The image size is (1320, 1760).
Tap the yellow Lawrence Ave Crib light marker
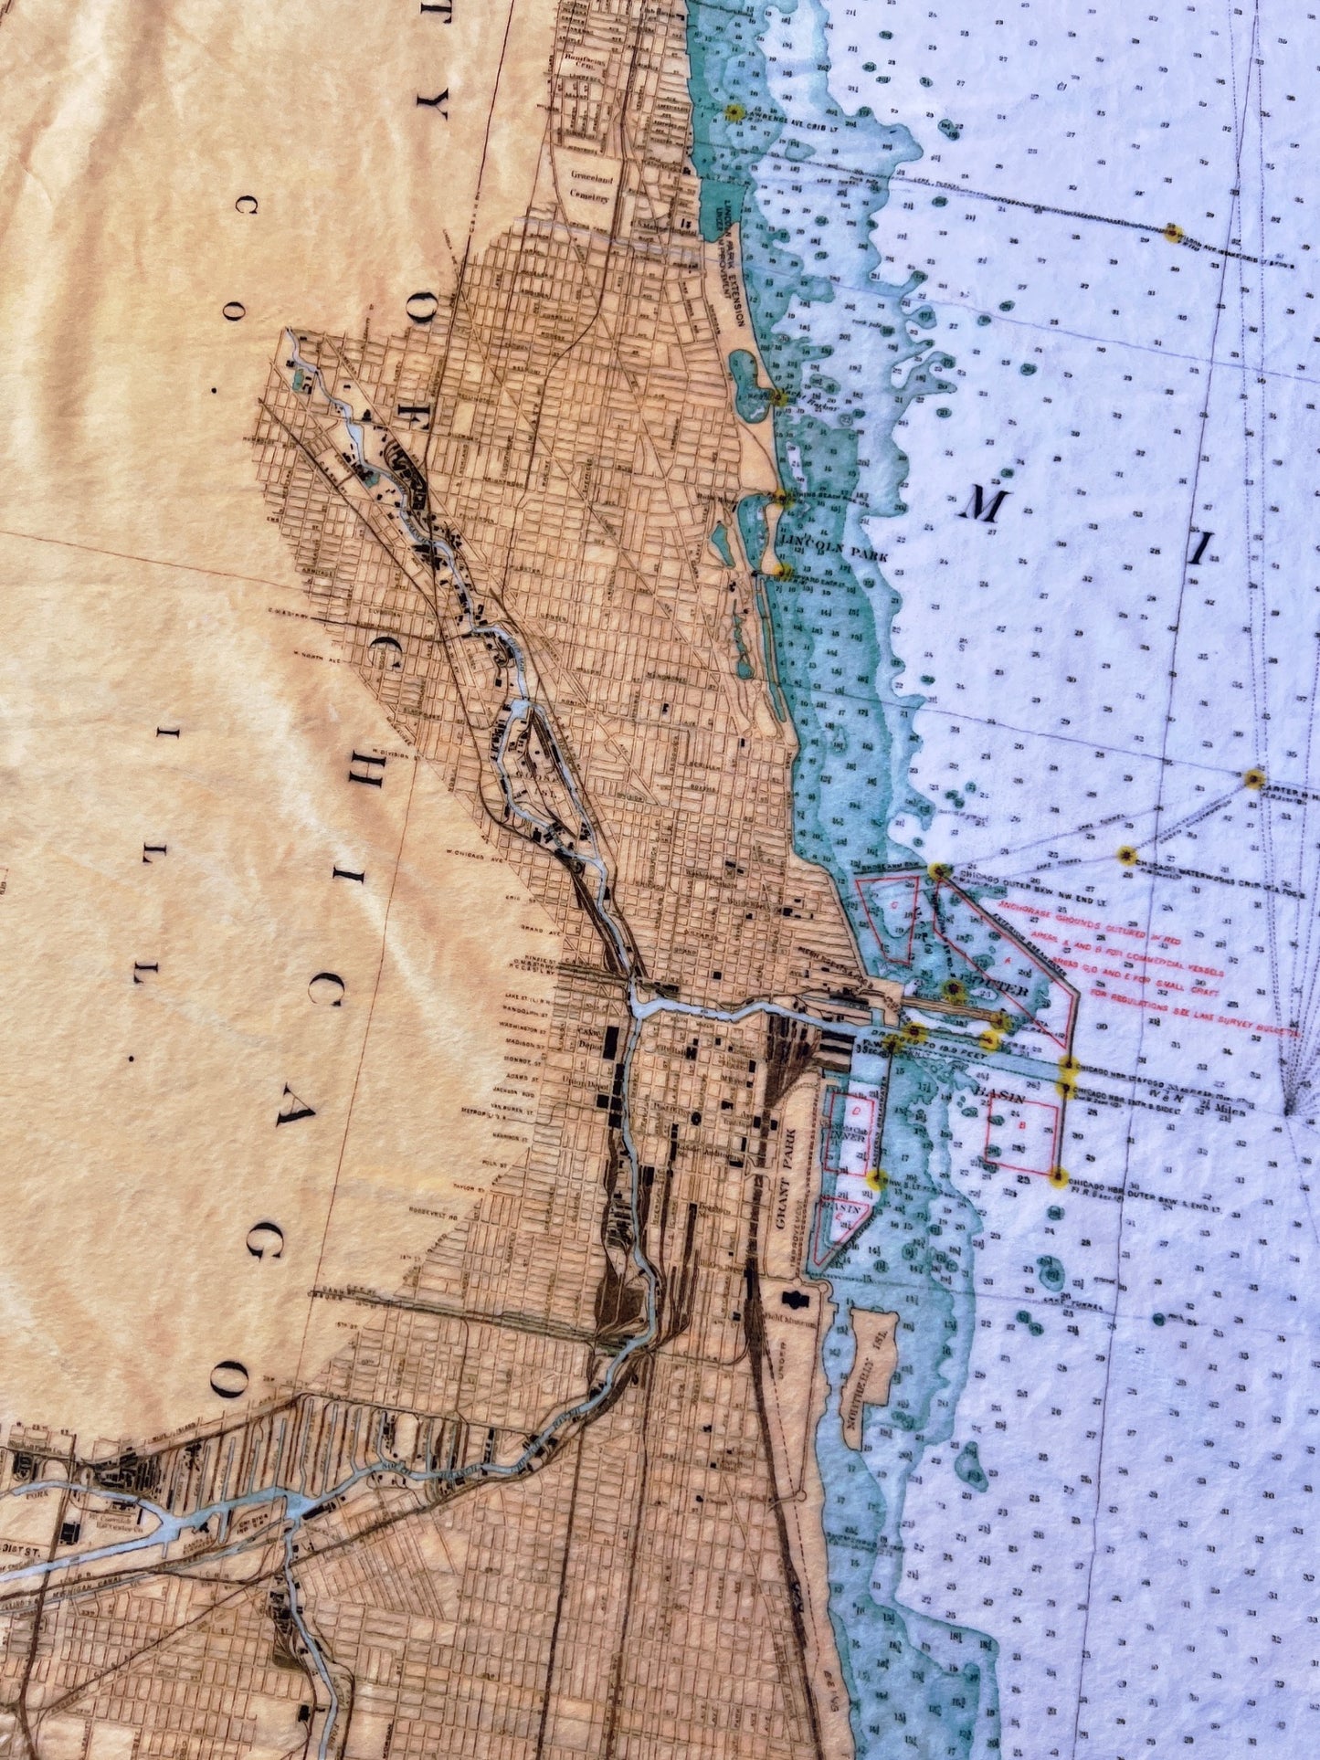[733, 112]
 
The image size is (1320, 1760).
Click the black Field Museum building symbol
[793, 1298]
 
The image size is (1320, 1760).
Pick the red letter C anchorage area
[893, 905]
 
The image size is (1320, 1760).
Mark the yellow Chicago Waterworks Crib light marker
[1126, 856]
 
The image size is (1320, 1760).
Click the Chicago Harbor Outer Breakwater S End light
[1059, 1178]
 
